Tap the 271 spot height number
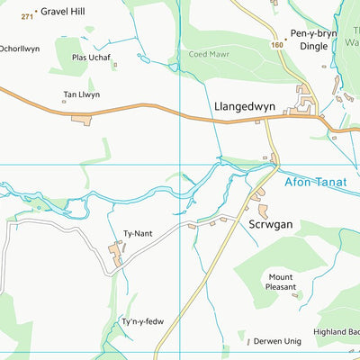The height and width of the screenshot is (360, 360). pos(27,16)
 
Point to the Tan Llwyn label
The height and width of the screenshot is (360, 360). pos(81,94)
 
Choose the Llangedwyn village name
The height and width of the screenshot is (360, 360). pos(245,105)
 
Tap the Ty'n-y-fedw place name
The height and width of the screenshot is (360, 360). pos(142,322)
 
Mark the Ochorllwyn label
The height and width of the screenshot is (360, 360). pos(20,48)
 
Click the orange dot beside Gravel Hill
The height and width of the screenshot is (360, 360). pos(36,11)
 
